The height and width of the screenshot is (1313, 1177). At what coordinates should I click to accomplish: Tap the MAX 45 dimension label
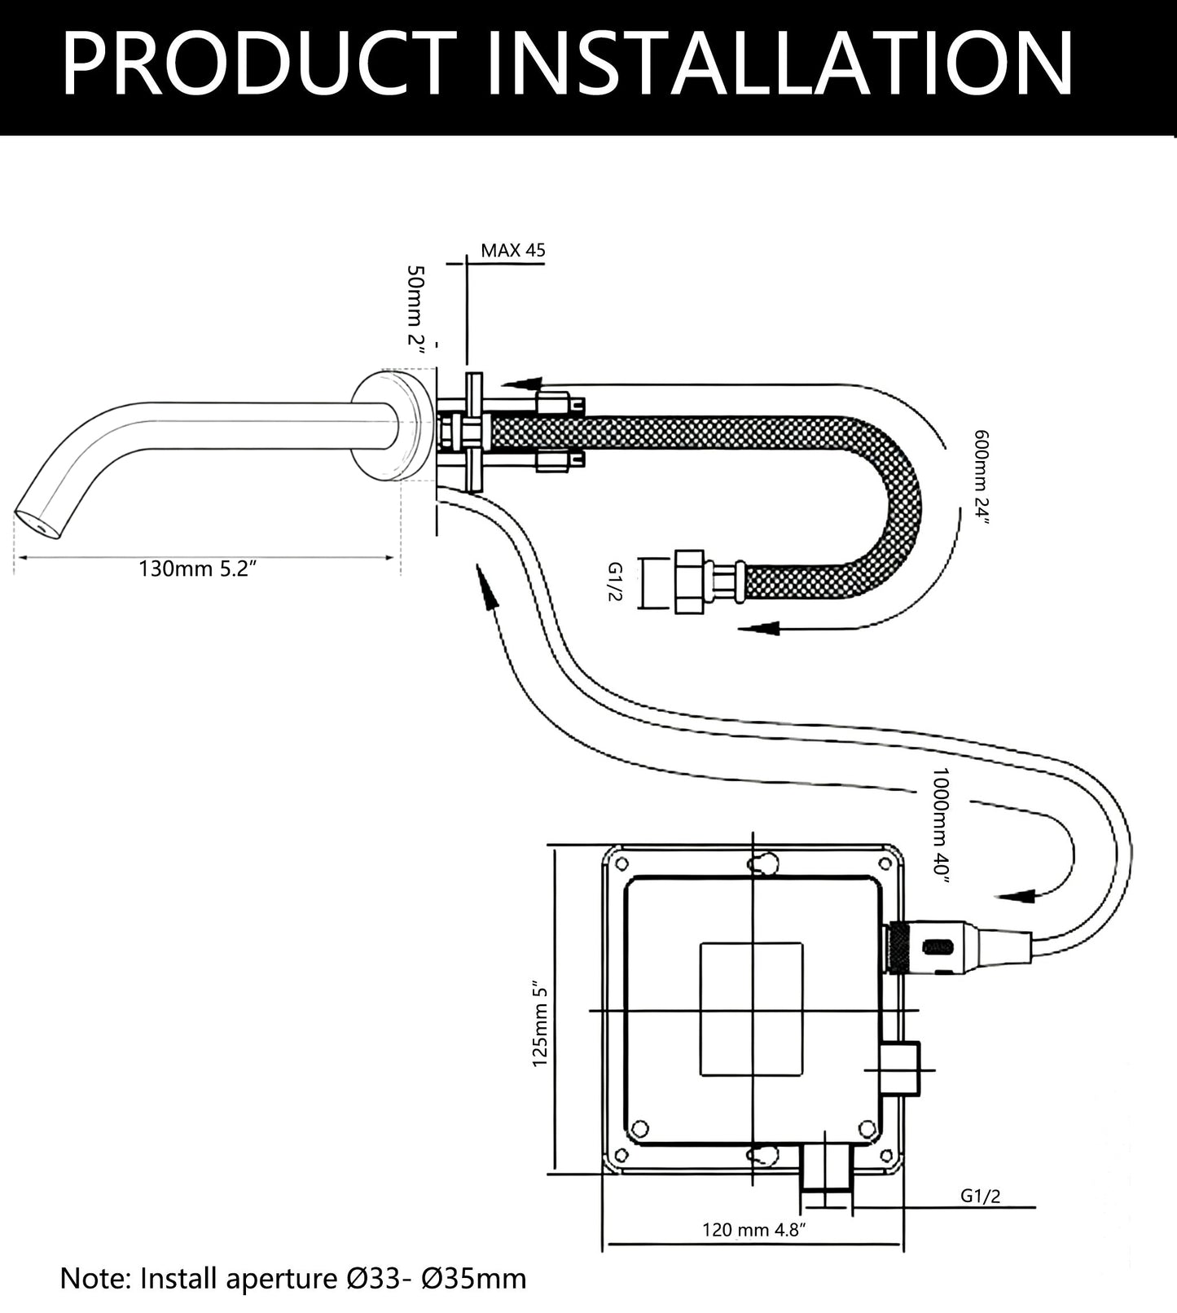512,250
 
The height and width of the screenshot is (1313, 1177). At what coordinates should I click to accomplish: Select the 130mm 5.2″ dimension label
198,569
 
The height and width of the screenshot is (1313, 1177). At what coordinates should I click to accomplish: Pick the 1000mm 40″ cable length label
942,823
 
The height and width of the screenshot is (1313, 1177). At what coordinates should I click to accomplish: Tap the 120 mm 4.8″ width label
754,1229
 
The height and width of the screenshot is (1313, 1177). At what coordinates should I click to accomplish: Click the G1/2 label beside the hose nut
614,582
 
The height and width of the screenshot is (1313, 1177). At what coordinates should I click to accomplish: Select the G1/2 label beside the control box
980,1196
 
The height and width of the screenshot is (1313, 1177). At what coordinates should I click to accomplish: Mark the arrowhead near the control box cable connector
1018,895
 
